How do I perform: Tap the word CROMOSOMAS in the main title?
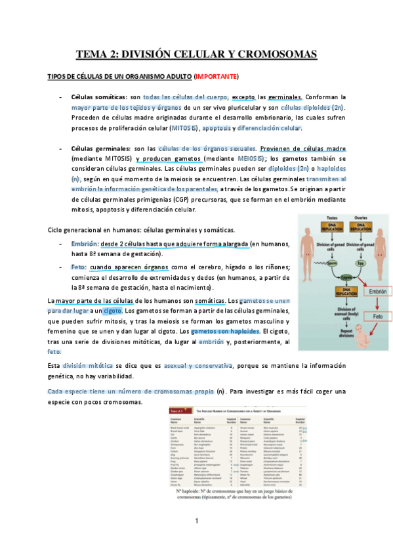tap(270, 54)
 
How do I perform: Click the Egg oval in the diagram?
tap(360, 263)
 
